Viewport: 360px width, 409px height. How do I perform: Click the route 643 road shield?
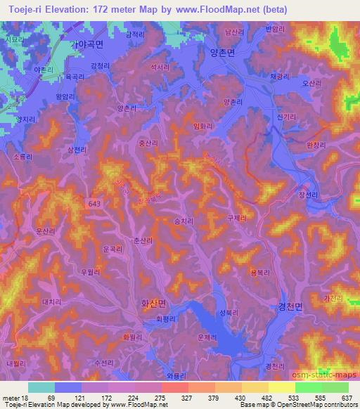click(94, 202)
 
